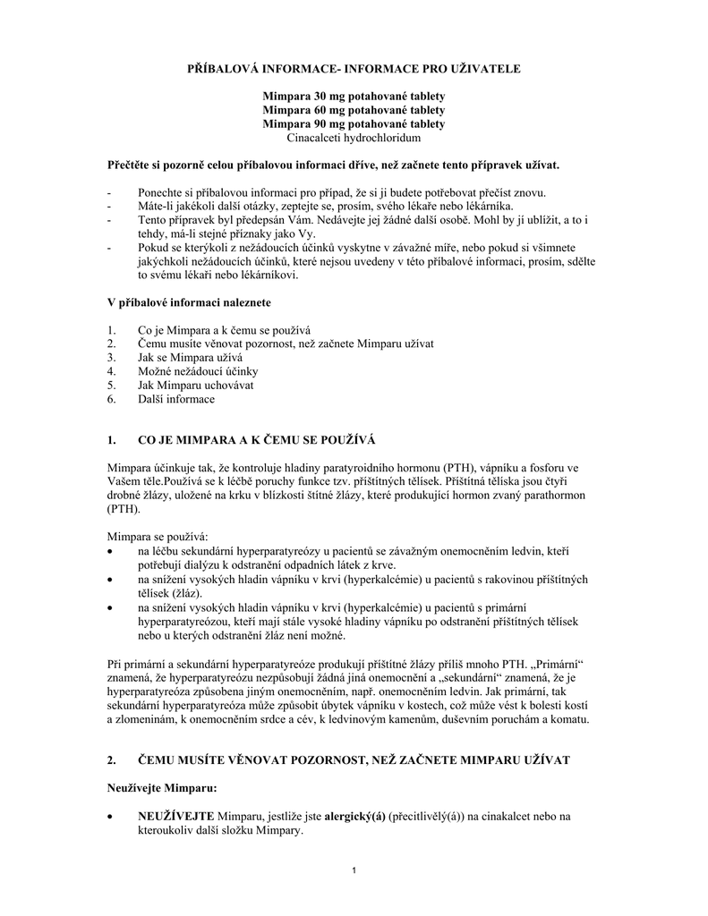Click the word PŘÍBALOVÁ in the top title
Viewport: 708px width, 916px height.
pyautogui.click(x=226, y=68)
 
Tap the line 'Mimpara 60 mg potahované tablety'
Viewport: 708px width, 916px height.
pyautogui.click(x=354, y=110)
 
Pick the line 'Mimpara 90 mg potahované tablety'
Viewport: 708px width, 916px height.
pyautogui.click(x=354, y=123)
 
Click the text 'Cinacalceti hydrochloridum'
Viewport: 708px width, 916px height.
pyautogui.click(x=354, y=137)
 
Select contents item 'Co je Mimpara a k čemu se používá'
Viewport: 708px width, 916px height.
pyautogui.click(x=224, y=329)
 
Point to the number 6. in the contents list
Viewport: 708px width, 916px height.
pyautogui.click(x=111, y=398)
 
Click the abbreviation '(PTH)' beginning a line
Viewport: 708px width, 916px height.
pyautogui.click(x=123, y=508)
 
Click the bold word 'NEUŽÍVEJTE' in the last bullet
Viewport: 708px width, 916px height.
pyautogui.click(x=175, y=816)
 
